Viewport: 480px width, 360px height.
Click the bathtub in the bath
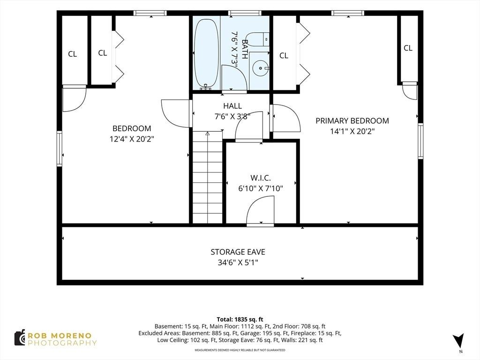(206, 53)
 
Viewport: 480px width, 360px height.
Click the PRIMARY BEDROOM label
(352, 120)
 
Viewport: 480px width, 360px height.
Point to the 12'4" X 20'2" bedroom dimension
(132, 139)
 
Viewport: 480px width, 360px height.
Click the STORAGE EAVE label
(238, 252)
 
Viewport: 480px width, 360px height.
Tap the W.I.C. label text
(261, 178)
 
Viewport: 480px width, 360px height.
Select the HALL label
(232, 106)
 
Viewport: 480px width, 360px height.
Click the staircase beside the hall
(207, 177)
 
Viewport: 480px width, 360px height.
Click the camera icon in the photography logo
(20, 338)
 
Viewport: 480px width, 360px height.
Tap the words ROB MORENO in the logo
(60, 336)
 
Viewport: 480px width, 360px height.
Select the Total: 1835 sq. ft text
(240, 320)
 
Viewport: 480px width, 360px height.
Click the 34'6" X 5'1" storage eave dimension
(238, 262)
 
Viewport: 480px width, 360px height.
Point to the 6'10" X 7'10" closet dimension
(261, 188)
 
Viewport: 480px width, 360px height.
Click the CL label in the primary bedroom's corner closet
(408, 48)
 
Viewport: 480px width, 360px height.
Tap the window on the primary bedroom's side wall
(420, 141)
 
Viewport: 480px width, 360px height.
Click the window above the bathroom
(245, 13)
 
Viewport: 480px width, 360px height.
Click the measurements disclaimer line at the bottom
(240, 350)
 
